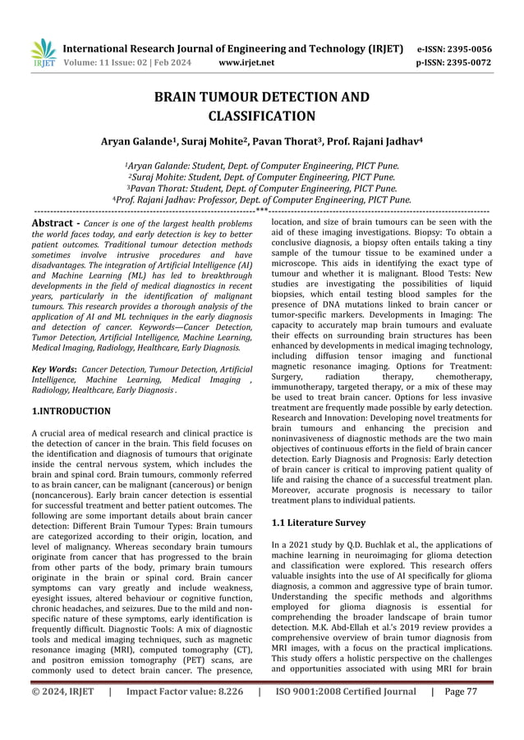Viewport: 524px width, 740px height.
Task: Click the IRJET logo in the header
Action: [43, 53]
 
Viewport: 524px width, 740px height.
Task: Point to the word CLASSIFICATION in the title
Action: [261, 116]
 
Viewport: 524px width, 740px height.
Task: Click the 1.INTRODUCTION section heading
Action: [70, 410]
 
